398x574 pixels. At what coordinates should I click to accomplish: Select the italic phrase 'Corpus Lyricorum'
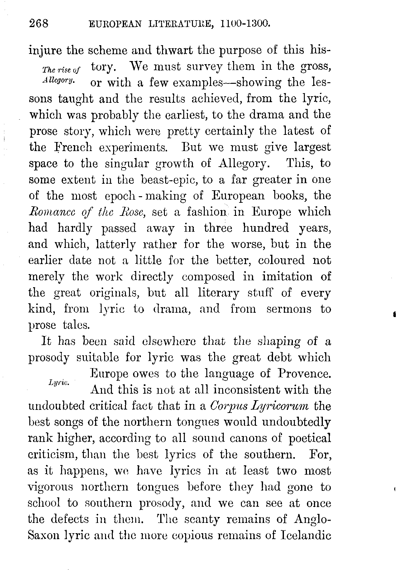pyautogui.click(x=260, y=406)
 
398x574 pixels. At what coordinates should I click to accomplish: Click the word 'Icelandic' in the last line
pyautogui.click(x=306, y=536)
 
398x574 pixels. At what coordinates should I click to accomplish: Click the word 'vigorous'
pyautogui.click(x=50, y=487)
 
